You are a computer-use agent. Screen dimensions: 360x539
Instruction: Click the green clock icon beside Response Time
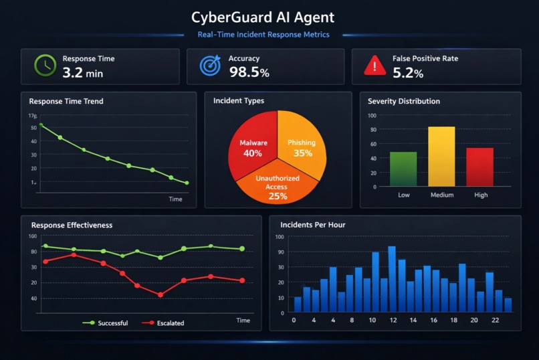45,66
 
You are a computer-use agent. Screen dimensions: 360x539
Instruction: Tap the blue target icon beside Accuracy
210,66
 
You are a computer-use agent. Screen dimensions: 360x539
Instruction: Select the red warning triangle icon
374,66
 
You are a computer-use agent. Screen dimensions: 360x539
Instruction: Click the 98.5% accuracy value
249,72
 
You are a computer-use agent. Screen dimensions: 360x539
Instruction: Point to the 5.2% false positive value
408,72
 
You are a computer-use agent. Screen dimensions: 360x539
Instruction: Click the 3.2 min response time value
82,72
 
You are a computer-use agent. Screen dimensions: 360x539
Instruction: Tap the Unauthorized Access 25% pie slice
276,183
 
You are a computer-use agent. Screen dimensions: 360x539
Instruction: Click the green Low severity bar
403,169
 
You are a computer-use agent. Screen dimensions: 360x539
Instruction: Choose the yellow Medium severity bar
441,157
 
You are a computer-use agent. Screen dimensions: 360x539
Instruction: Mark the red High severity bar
479,167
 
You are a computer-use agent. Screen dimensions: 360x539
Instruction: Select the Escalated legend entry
163,323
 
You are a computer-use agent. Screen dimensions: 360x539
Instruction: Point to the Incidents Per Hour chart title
312,225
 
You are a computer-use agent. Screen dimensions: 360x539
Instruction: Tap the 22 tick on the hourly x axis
494,321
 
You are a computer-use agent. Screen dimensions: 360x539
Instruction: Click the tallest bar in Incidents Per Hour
392,279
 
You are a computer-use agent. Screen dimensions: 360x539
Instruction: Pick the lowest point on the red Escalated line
160,294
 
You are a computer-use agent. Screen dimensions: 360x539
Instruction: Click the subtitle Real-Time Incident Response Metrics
263,35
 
